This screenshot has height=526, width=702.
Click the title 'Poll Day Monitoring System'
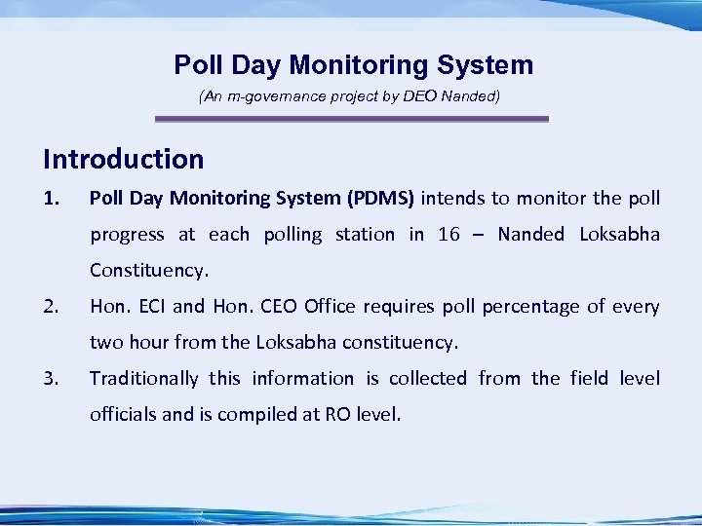353,65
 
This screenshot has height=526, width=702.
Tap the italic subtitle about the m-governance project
349,97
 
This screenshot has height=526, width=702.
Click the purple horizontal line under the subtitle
352,119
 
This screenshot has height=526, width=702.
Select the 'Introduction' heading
124,159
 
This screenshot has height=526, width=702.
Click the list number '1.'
52,199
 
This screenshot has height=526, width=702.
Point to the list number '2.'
52,307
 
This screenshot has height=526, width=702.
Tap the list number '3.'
52,379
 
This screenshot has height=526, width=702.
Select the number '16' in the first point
449,235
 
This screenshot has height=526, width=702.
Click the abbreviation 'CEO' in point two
279,307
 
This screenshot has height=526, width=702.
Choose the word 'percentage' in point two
532,307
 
